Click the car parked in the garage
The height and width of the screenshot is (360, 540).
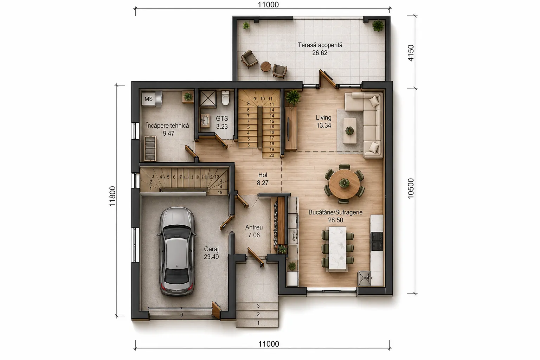coord(177,251)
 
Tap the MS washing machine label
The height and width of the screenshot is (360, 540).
coord(148,99)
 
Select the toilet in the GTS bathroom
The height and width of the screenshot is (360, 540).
coord(225,98)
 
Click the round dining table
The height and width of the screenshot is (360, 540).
coord(344,184)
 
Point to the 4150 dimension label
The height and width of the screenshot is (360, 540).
coord(411,53)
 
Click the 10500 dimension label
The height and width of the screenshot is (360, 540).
coord(411,188)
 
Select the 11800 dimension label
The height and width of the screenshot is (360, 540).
coord(112,196)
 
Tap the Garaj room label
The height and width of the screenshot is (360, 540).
coord(211,249)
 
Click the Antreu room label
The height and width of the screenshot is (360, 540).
coord(254,227)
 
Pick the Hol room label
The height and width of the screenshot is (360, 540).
coord(263,175)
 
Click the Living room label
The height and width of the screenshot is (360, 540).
coord(323,118)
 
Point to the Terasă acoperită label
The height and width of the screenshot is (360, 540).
coord(320,45)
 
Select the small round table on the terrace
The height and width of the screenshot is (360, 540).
coord(266,66)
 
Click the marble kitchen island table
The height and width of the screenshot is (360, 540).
coord(337,249)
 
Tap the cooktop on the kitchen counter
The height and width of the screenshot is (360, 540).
coord(377,241)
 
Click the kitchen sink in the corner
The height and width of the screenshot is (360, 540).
coord(364,278)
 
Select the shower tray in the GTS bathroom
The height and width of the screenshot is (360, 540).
coord(207,98)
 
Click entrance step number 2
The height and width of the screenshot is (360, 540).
coord(258,314)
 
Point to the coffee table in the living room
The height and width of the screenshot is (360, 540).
coord(350,131)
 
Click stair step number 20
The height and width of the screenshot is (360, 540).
coord(272,155)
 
